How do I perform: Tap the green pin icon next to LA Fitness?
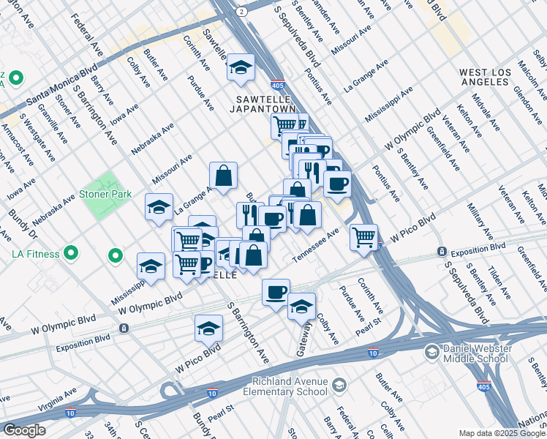point(71,254)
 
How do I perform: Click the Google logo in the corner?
point(24,430)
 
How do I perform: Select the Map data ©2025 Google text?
point(502,433)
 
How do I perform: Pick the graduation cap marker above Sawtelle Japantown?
point(240,68)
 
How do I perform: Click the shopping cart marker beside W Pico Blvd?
point(363,237)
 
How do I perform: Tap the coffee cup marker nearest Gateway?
point(276,293)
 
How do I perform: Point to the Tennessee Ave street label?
point(317,246)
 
